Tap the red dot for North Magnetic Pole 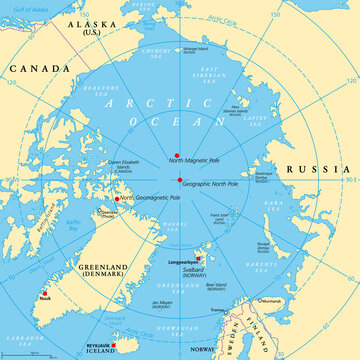(x=177, y=155)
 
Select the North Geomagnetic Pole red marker (x=117, y=198)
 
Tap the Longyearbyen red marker (x=198, y=258)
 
